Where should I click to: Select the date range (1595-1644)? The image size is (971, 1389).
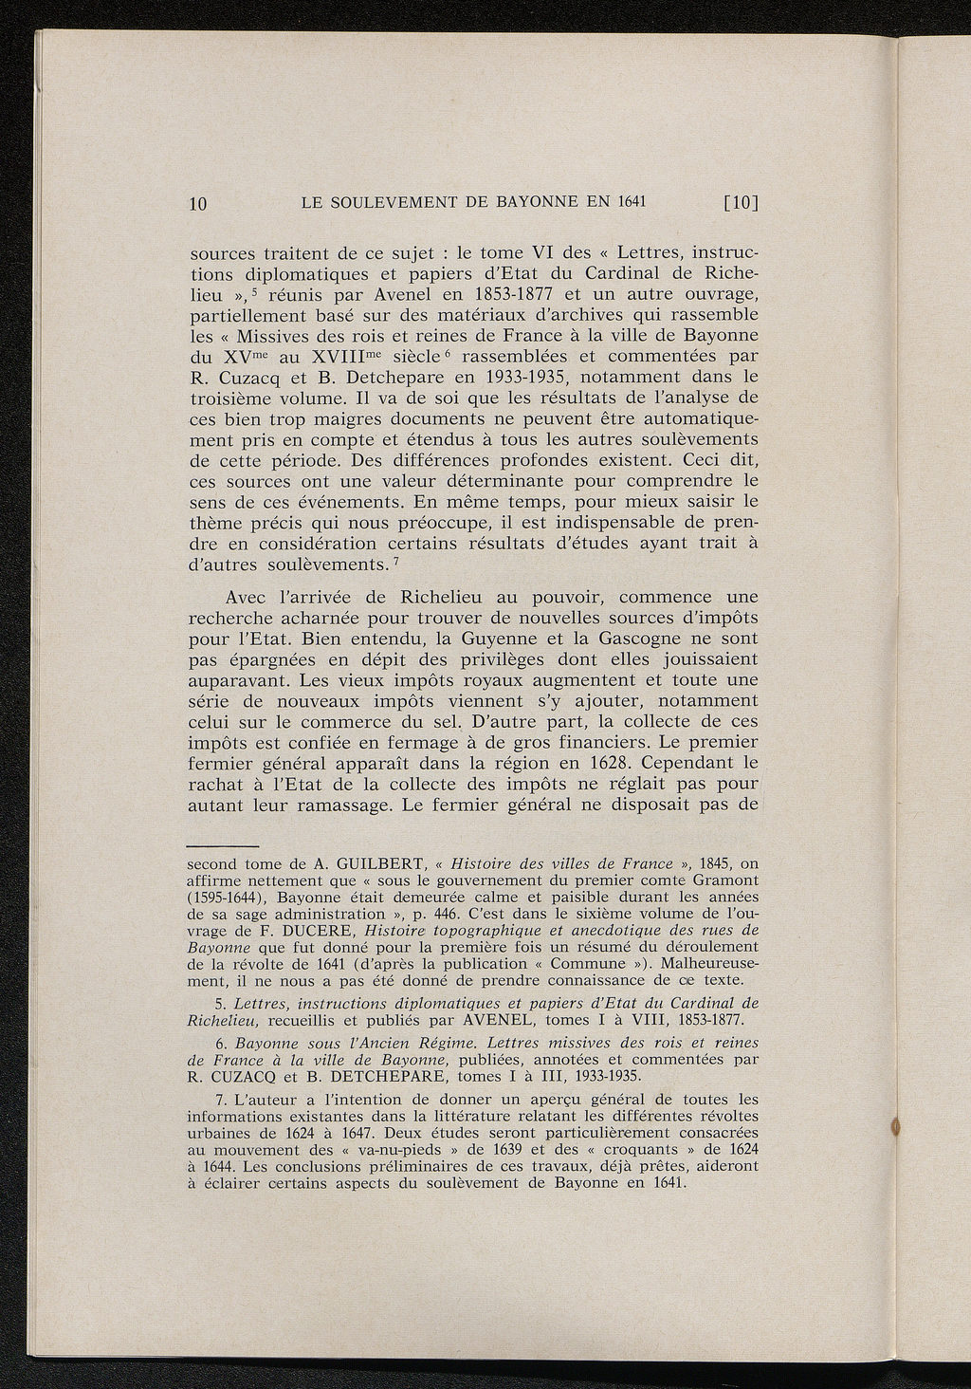tap(226, 897)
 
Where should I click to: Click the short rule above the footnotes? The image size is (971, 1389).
tap(222, 844)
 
